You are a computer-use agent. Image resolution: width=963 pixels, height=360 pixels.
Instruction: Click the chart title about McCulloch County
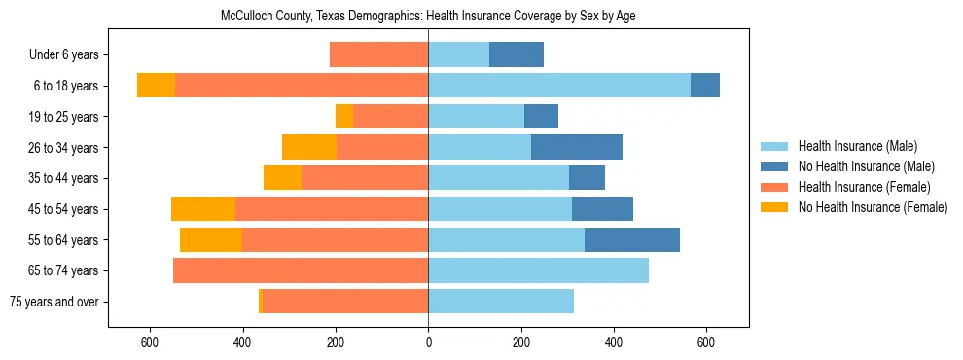pos(428,17)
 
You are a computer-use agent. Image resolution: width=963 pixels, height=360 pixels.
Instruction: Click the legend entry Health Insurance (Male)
pos(857,146)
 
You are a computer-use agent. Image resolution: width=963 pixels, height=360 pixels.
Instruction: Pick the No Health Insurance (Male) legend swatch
pos(774,166)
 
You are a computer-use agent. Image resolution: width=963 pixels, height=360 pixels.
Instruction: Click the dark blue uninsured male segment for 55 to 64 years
pos(631,239)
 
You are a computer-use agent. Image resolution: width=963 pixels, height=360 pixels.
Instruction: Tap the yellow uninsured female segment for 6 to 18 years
pos(156,86)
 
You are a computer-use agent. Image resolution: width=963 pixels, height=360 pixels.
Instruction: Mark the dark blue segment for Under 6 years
pos(516,55)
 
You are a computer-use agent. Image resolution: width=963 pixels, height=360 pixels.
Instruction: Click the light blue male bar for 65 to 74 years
pos(538,270)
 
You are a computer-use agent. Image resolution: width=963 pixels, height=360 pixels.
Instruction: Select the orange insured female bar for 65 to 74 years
pos(301,270)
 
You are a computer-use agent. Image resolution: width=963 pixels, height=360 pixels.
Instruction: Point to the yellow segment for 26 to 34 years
pos(309,147)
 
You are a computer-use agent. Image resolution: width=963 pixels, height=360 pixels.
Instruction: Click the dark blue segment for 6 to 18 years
pos(704,86)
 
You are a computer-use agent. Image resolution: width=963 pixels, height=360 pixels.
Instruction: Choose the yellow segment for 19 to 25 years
pos(344,117)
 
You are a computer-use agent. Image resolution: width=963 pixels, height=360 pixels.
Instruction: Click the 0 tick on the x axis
pos(428,342)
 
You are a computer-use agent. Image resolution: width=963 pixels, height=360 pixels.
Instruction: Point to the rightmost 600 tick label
pos(706,342)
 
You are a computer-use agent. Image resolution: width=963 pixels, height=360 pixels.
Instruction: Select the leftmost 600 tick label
pos(150,342)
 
